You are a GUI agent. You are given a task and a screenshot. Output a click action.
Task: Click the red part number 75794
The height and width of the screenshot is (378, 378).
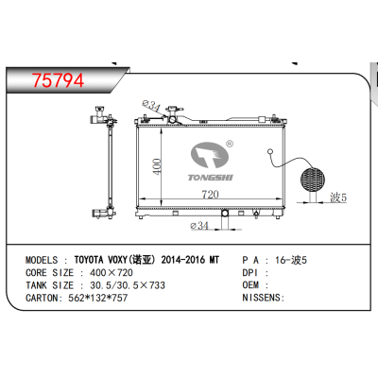[x=59, y=80]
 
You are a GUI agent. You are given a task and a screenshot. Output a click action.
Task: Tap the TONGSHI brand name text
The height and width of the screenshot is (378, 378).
[x=211, y=178]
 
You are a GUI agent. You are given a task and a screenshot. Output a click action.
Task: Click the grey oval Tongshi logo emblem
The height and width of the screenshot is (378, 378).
[x=210, y=155]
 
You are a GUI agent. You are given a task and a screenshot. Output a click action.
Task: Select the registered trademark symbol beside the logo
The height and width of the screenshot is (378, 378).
[x=230, y=144]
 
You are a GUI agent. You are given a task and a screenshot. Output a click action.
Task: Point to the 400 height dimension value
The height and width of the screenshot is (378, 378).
[x=157, y=166]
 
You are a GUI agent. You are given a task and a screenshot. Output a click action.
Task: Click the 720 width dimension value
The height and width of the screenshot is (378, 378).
[x=210, y=195]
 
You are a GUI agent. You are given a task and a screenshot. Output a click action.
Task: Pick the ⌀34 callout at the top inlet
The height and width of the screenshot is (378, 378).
[x=151, y=105]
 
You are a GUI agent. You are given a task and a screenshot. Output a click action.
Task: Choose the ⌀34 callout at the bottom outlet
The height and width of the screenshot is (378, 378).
[x=199, y=226]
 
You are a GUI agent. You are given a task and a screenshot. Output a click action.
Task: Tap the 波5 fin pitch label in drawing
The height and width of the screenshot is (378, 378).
[x=338, y=198]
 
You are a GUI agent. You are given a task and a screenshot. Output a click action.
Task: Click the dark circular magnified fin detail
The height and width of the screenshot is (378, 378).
[x=313, y=180]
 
